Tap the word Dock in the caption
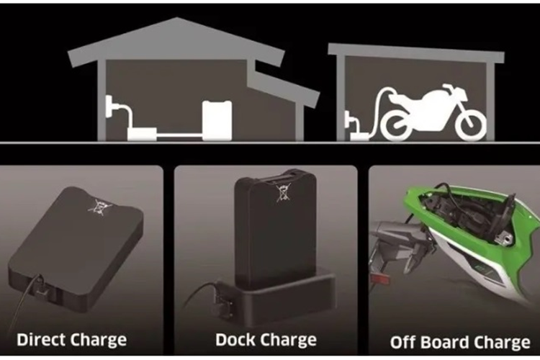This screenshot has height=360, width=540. pyautogui.click(x=235, y=339)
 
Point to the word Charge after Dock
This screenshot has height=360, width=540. pyautogui.click(x=287, y=340)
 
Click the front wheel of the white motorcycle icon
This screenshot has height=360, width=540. pyautogui.click(x=470, y=125)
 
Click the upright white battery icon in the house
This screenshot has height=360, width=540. pyautogui.click(x=217, y=120)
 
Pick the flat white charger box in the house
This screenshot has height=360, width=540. pyautogui.click(x=143, y=134)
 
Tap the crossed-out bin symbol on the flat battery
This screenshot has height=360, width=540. pyautogui.click(x=100, y=207)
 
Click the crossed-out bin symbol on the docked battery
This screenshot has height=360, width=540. pyautogui.click(x=284, y=192)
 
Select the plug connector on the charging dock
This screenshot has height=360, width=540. pyautogui.click(x=222, y=300)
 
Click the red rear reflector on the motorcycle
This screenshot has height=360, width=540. pyautogui.click(x=379, y=279)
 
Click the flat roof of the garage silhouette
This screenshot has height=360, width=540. pyautogui.click(x=416, y=53)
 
